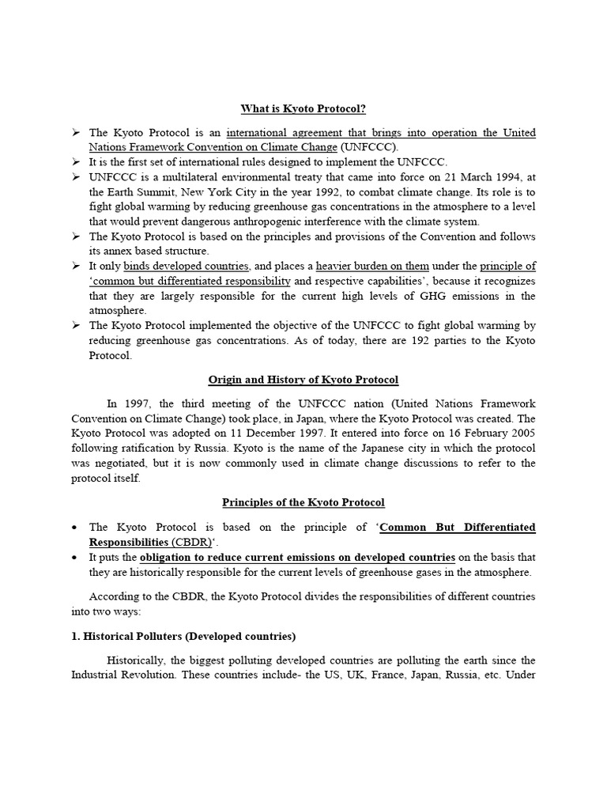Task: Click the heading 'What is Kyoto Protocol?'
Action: tap(303, 109)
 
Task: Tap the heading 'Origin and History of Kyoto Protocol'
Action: tap(303, 380)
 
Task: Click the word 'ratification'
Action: tap(145, 449)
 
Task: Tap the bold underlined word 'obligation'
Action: tap(170, 557)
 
